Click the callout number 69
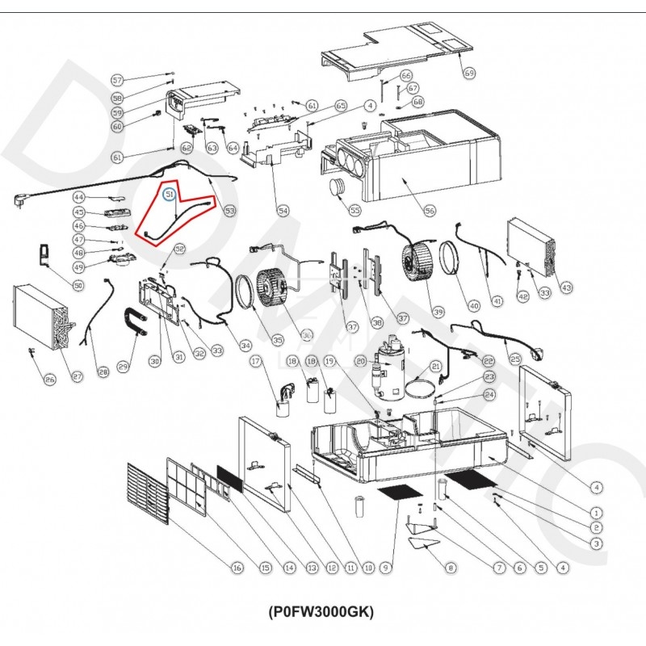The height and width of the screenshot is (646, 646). pos(469,73)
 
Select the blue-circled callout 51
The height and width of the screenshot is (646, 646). pos(170,195)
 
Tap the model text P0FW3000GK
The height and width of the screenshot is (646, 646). pos(321,611)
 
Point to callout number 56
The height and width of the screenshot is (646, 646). pos(430,211)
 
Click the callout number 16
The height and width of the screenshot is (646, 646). pos(237,568)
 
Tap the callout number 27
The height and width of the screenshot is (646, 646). pos(78,375)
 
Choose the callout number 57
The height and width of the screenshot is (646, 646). pos(118,80)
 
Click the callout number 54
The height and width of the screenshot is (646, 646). pos(283,211)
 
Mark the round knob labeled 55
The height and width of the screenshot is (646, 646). pos(337,188)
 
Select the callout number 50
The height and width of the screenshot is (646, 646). pos(78,285)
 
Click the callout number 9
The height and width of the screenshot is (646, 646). pos(386,568)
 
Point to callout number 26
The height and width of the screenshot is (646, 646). pos(50,380)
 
